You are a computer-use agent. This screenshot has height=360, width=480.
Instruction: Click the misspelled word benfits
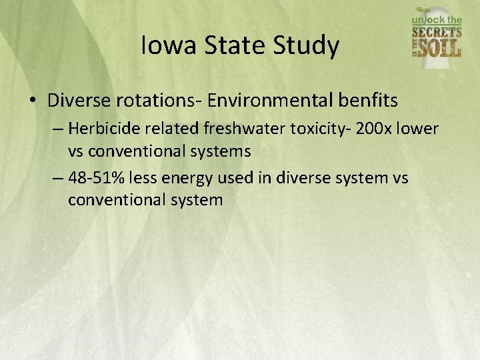tap(367, 101)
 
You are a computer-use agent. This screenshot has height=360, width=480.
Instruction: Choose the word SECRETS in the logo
tap(437, 32)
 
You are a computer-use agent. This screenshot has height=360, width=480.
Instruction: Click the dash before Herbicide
tap(58, 128)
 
